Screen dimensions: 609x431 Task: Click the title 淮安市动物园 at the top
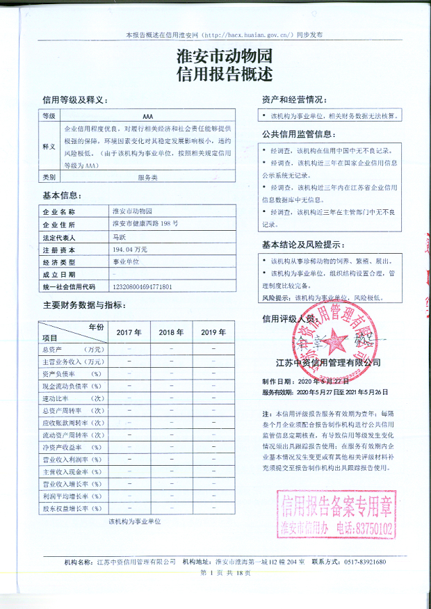[215, 55]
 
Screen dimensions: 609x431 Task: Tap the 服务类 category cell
[147, 178]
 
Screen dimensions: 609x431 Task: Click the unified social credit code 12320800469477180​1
[142, 286]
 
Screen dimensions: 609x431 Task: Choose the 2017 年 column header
[129, 332]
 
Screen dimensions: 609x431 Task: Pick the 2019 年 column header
[213, 332]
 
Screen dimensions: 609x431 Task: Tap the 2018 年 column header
[171, 332]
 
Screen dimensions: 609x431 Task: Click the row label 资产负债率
[72, 374]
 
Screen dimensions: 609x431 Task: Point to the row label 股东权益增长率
[72, 509]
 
